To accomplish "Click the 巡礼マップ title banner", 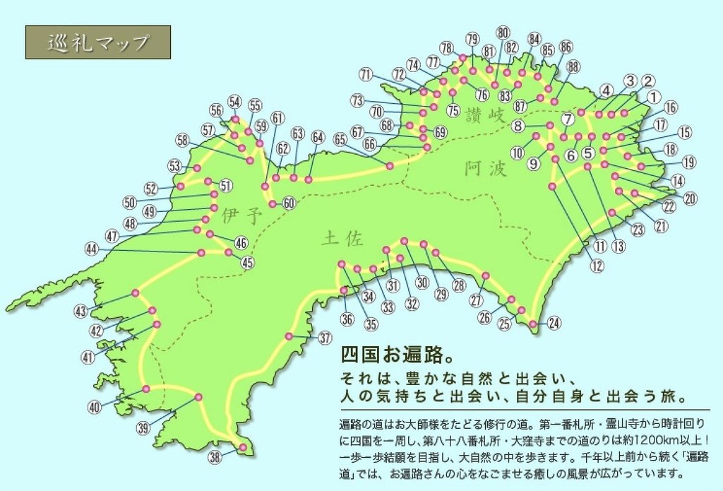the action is [98, 42].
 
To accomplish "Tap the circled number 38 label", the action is [215, 457].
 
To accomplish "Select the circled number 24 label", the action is [554, 324].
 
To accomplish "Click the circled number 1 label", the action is [653, 96].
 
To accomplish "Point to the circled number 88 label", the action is [573, 66].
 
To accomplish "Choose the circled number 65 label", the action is [340, 139].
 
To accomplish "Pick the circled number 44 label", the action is [91, 249].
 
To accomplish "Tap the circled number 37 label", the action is [324, 338].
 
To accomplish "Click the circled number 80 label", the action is [503, 32].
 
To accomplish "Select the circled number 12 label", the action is [597, 266].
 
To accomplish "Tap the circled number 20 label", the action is [690, 199].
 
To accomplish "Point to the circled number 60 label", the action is [288, 203].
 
